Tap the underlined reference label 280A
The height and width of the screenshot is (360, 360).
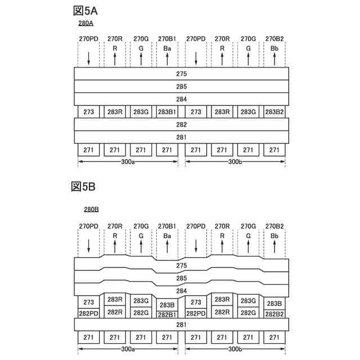85,24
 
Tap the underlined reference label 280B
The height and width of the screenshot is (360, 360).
91,209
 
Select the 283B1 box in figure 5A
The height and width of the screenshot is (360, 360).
167,112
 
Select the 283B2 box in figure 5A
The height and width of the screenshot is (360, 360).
274,112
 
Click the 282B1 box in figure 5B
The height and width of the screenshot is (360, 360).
167,314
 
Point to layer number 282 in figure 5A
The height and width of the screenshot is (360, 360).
181,124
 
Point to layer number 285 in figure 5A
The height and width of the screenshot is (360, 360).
181,87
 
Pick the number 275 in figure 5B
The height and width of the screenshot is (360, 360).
181,265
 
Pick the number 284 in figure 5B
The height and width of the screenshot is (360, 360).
181,290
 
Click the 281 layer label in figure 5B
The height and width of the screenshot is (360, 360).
181,324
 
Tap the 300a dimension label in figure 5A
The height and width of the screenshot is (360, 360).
128,162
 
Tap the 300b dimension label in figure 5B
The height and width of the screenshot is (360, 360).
235,349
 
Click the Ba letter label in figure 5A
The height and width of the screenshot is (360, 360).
167,49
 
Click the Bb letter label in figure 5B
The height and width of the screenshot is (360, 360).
274,236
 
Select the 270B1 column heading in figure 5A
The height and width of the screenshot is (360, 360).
167,39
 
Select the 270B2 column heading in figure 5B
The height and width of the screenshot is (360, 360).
274,226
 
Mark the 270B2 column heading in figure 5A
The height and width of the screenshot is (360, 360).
274,39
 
